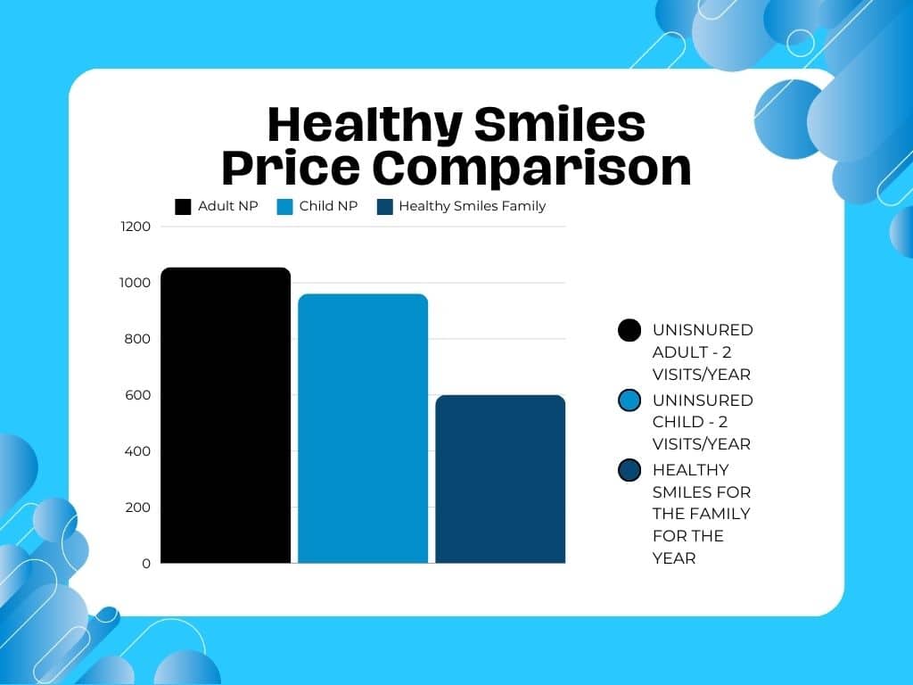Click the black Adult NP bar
click(226, 415)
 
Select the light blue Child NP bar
click(363, 428)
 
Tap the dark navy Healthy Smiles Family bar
click(500, 479)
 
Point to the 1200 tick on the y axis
click(136, 227)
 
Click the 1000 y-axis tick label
click(136, 283)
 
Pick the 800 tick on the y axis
click(137, 339)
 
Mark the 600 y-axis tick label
click(137, 395)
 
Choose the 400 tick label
click(137, 451)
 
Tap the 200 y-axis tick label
click(137, 508)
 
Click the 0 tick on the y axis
click(145, 564)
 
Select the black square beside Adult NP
click(183, 206)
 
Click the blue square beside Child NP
click(284, 206)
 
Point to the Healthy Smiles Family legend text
click(472, 206)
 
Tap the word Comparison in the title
click(532, 167)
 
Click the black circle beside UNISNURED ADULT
click(629, 330)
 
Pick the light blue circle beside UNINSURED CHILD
click(629, 400)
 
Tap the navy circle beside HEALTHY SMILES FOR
click(629, 470)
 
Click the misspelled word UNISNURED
click(703, 330)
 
